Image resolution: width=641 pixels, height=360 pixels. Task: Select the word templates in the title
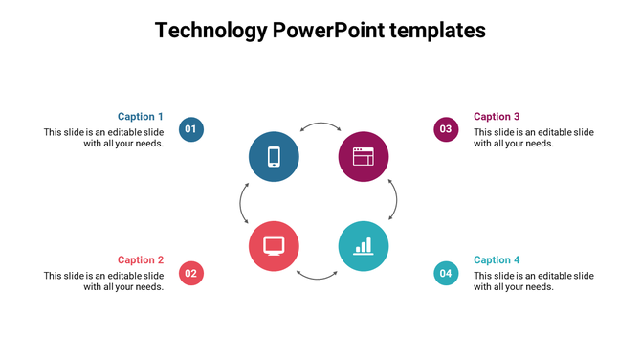point(438,31)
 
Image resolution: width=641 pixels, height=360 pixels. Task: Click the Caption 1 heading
point(141,117)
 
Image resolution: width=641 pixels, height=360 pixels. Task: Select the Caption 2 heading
point(141,260)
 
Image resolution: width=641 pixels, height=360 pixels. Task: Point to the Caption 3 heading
point(497,117)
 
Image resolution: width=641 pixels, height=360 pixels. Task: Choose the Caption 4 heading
point(497,260)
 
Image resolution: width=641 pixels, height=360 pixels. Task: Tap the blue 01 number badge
point(191,129)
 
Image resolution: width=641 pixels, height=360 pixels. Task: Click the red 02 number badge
point(191,273)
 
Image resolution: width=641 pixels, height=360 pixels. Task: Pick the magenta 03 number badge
point(446,129)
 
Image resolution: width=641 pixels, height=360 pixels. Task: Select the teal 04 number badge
point(446,273)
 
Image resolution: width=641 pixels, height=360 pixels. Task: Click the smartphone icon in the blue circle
point(274,156)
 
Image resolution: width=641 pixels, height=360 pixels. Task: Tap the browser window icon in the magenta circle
point(364,156)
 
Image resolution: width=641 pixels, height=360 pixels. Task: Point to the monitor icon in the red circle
point(274,246)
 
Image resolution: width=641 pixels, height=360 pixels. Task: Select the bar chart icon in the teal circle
point(364,246)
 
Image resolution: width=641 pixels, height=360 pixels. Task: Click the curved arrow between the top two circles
point(320,125)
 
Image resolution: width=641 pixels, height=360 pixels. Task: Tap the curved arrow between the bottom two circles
point(318,277)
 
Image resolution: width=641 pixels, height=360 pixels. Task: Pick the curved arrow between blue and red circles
point(243,202)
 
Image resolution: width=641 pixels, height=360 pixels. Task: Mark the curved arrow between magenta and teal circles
point(394,201)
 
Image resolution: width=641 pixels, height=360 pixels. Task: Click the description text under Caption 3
point(534,138)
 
